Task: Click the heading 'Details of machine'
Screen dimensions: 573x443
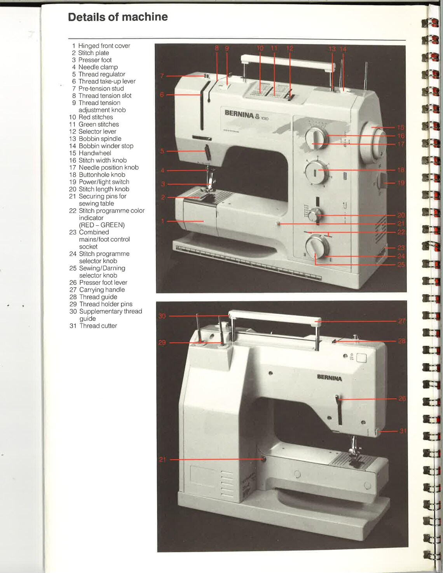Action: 118,17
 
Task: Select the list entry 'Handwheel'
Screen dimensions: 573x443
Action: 95,153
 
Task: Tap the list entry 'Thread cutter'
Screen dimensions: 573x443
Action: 98,326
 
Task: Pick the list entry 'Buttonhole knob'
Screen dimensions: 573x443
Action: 102,175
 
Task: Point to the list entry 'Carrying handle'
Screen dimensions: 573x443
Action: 102,290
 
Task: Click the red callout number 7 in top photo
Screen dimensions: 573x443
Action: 162,76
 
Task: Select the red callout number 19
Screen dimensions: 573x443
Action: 401,183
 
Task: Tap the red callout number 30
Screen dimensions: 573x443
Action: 162,316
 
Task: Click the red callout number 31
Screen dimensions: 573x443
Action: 403,431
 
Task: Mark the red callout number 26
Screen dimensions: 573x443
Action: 402,399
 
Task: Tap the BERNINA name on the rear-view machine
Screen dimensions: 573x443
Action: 329,378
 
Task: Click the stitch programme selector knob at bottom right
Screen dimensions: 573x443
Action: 316,247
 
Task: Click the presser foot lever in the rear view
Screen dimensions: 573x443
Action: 339,410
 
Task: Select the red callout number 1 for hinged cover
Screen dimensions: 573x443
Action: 162,221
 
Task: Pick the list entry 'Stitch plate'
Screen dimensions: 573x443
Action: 93,53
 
